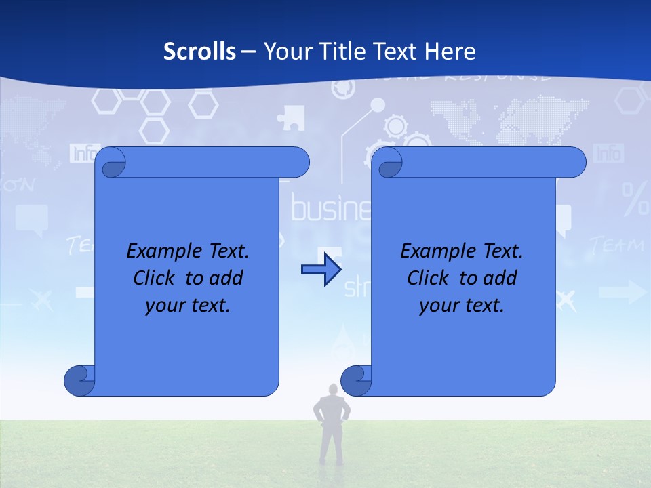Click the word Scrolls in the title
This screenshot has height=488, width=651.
coord(200,52)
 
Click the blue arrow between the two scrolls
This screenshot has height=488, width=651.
coord(321,270)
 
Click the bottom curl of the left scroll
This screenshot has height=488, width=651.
coord(80,380)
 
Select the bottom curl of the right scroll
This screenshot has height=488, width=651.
coord(356,380)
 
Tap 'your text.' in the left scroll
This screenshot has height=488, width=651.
coord(188,305)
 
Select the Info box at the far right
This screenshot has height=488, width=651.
coord(608,152)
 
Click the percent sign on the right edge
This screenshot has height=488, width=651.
coord(635,197)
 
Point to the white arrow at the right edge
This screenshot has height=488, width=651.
coord(623,292)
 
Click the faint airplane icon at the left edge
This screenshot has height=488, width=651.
coord(43,298)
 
